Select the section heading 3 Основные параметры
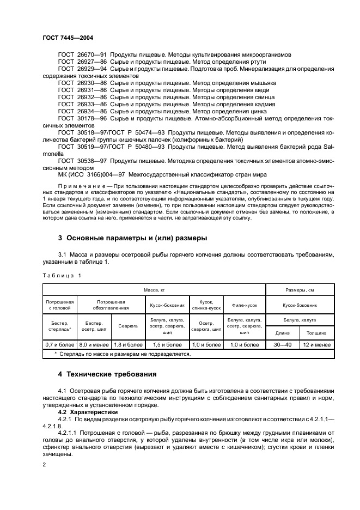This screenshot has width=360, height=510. [132, 238]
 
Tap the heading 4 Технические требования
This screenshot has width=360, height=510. [107, 374]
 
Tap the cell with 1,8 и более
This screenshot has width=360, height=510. [128, 344]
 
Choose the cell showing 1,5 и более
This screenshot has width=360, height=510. [167, 344]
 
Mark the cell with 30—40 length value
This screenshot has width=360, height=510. [282, 344]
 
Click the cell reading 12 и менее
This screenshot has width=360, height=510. [316, 344]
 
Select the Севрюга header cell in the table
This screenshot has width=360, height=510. [128, 326]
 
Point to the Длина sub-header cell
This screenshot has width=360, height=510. [282, 332]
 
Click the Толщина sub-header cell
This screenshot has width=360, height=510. [316, 332]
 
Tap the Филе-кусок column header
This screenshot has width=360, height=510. [245, 305]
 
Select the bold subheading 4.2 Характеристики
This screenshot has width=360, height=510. [87, 412]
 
